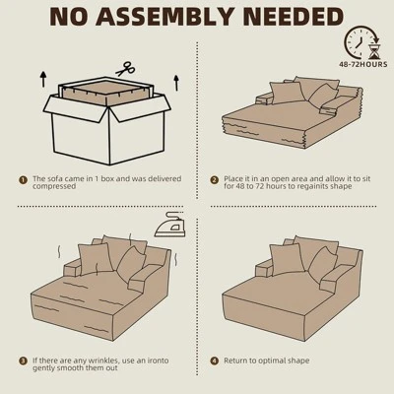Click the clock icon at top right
point(360,42)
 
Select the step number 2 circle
point(214,180)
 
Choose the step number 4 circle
point(214,361)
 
